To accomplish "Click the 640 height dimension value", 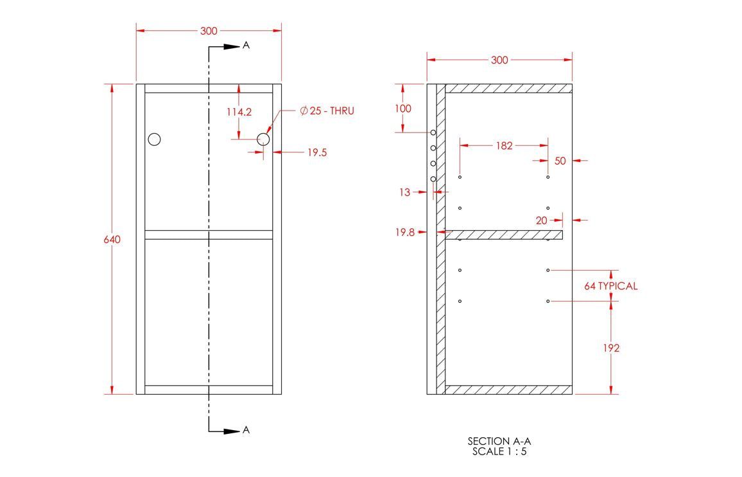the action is pos(112,239).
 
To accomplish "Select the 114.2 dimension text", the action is pos(239,113).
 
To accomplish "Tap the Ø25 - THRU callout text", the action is pos(327,111).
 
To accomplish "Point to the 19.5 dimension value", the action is pos(317,152).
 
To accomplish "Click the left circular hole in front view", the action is pos(154,139).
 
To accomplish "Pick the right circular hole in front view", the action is pos(263,139).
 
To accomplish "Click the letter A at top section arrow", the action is pos(246,45).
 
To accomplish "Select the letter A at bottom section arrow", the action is pos(246,430).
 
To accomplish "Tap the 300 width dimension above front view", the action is pos(209,32).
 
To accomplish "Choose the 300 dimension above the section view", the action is pos(500,60).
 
